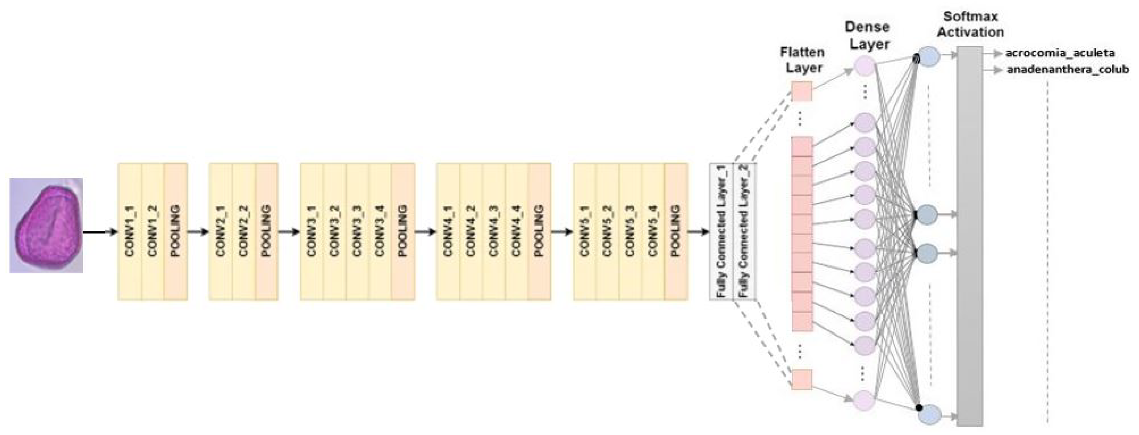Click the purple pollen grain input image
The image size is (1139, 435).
pyautogui.click(x=46, y=225)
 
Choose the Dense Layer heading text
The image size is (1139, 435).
pyautogui.click(x=867, y=36)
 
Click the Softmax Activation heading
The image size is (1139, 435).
pyautogui.click(x=970, y=24)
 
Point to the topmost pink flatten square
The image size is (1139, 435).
pyautogui.click(x=802, y=91)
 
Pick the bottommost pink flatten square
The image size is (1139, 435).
pyautogui.click(x=802, y=379)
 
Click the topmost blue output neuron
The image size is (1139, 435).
pyautogui.click(x=929, y=58)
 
